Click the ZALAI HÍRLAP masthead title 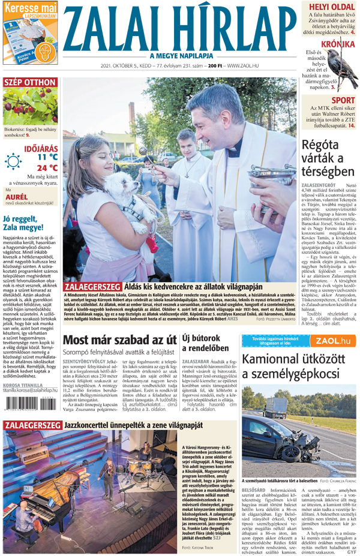pos(180,28)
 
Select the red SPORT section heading pos(343,100)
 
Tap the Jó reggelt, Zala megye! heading pos(28,223)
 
